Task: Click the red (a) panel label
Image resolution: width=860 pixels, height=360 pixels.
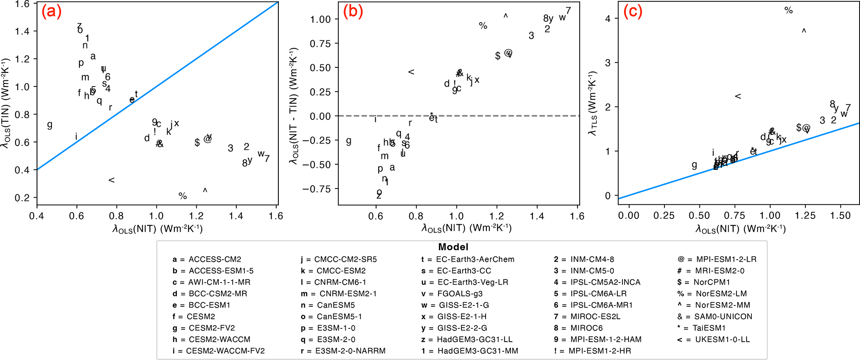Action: (x=52, y=12)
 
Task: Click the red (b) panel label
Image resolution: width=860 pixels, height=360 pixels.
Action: (x=353, y=12)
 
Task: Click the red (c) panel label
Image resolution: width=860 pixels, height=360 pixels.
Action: (x=633, y=12)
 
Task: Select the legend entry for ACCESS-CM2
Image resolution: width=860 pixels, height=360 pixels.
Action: (x=207, y=259)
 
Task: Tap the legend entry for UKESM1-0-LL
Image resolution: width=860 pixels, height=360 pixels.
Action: (x=714, y=340)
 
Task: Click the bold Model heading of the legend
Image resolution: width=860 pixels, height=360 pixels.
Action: (x=453, y=247)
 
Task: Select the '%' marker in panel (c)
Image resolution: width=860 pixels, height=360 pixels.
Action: (x=788, y=10)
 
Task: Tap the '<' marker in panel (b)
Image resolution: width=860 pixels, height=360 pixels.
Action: (x=411, y=72)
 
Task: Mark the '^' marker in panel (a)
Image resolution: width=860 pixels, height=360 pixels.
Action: (x=205, y=190)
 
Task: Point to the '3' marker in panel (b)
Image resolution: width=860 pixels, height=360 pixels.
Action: (x=531, y=36)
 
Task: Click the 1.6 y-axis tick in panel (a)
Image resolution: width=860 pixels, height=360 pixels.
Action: (x=22, y=4)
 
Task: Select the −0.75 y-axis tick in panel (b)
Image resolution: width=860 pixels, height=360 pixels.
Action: (x=320, y=189)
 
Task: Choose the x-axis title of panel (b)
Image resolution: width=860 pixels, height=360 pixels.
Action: (x=466, y=228)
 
